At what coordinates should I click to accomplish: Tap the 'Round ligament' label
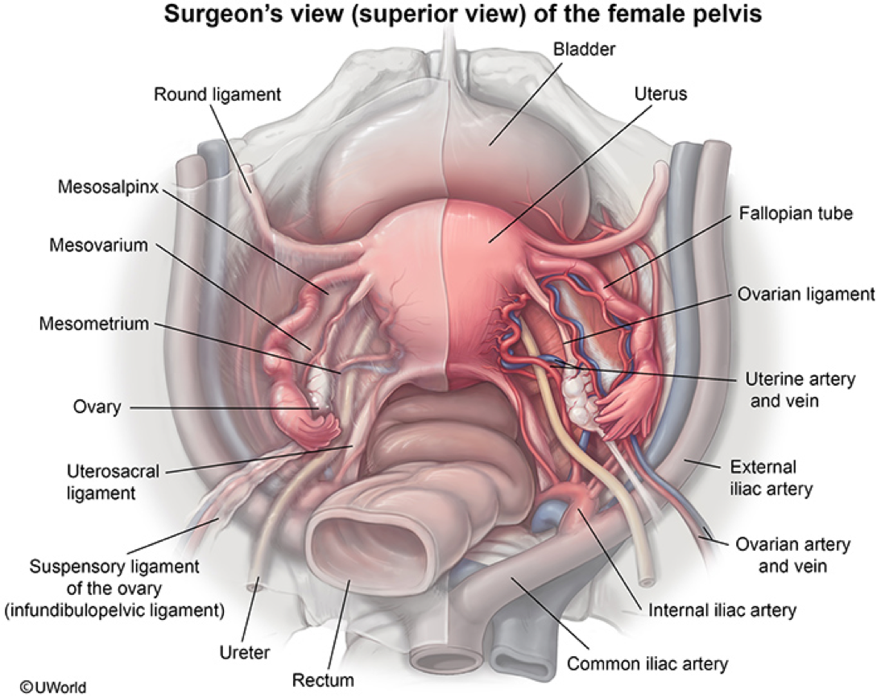(x=217, y=94)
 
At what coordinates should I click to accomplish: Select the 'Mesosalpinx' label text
(x=107, y=187)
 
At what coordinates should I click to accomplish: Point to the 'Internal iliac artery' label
(x=722, y=609)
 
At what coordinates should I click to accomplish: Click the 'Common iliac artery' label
(x=647, y=664)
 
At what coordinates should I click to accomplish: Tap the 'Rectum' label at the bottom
(x=323, y=680)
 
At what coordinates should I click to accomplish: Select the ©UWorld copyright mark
(x=53, y=687)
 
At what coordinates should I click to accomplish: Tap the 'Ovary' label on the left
(x=95, y=407)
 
